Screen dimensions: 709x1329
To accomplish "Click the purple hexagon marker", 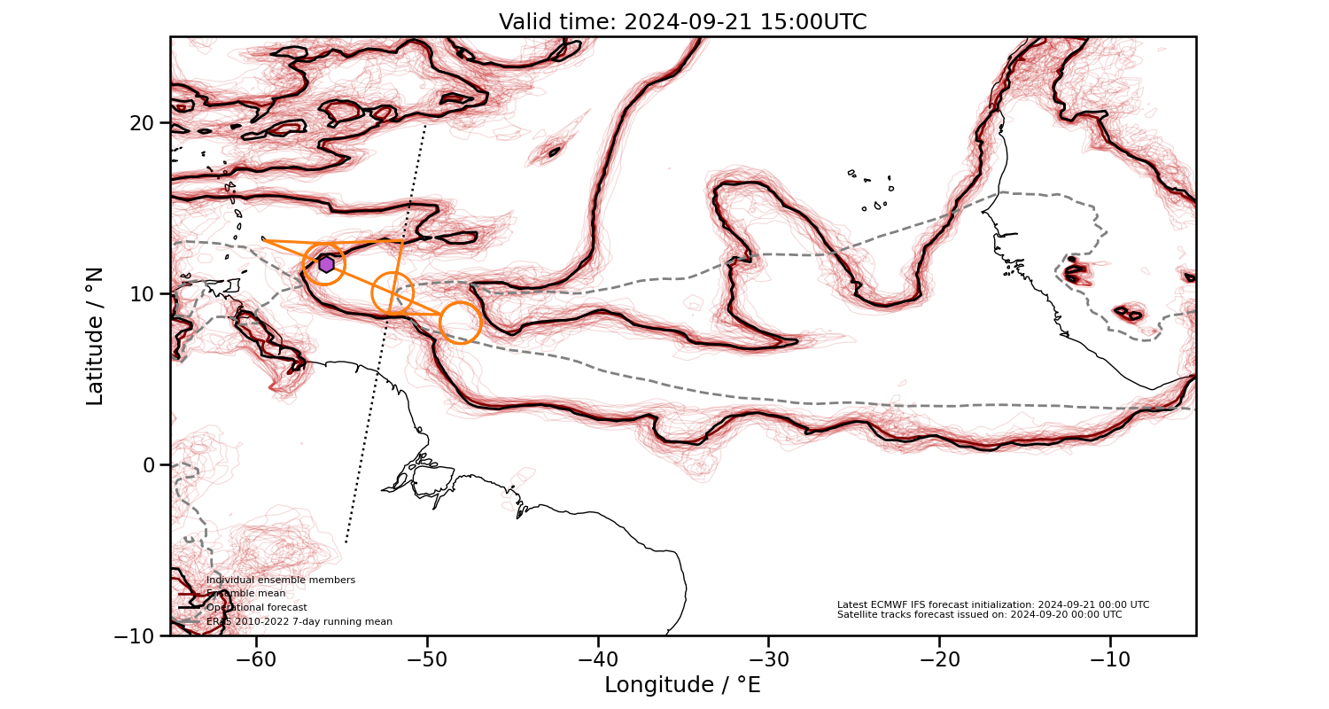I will (x=326, y=264).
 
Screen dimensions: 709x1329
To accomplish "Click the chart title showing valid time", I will (x=682, y=22).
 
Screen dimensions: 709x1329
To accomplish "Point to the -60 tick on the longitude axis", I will (x=256, y=659).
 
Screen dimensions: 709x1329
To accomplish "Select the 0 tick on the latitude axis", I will (x=150, y=464).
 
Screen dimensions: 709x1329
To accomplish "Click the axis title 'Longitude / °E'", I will (x=682, y=685).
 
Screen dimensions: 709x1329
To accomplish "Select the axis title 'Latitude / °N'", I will (x=95, y=336).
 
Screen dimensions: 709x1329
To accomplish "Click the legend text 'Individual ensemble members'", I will (x=281, y=580).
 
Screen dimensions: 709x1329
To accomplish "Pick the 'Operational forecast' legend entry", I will (x=257, y=608).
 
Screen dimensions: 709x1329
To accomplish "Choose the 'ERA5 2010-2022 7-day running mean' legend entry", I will (x=299, y=622).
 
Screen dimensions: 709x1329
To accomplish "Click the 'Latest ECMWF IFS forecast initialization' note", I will (x=993, y=604).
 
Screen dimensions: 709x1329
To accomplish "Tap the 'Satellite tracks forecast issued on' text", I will (x=979, y=614).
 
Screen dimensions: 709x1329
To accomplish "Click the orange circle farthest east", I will (x=461, y=323).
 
